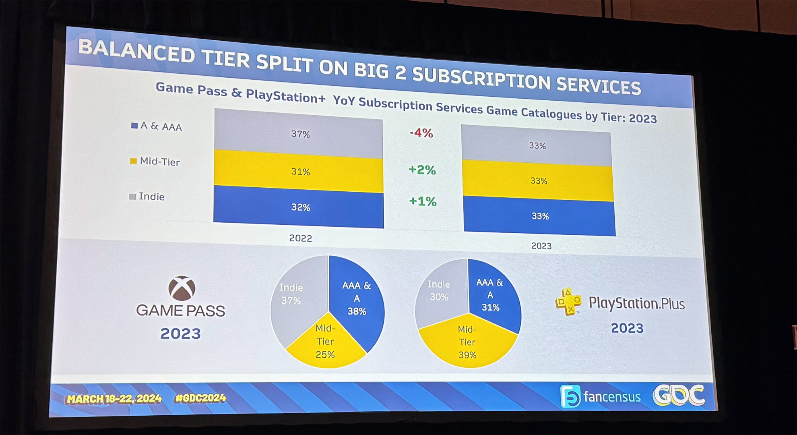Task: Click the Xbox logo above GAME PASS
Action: click(182, 288)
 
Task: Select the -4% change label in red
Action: click(421, 133)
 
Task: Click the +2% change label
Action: click(422, 170)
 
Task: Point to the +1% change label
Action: click(423, 201)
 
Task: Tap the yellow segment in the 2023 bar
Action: click(538, 181)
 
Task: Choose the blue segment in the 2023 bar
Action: click(539, 216)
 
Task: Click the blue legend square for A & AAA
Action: click(134, 126)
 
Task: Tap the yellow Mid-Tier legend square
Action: click(133, 161)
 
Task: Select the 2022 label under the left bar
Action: click(300, 238)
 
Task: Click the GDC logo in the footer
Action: click(679, 395)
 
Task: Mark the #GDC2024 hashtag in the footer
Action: click(200, 398)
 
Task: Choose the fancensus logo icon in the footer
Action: click(570, 396)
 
